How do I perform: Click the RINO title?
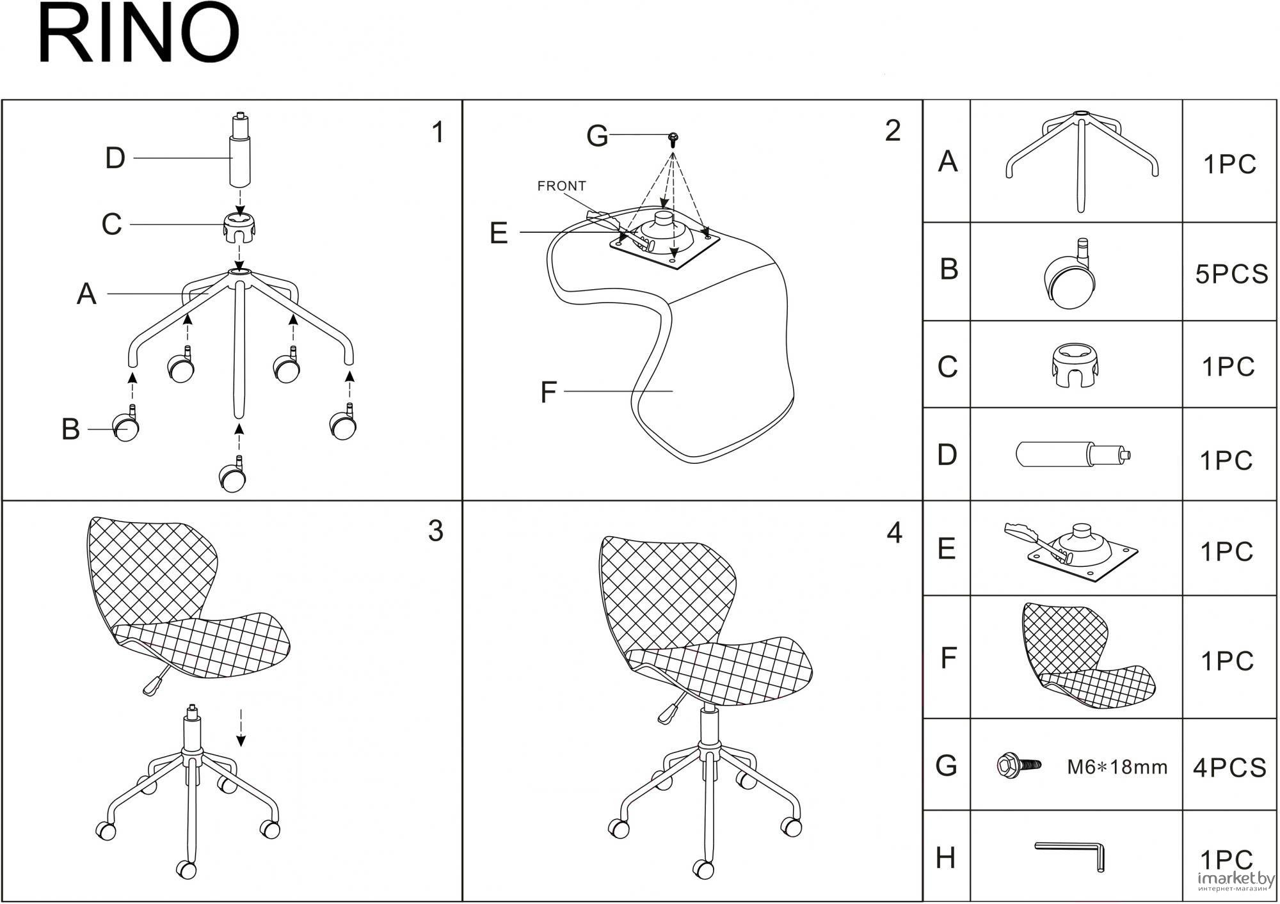click(139, 35)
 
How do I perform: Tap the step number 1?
click(438, 132)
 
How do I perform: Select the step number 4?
click(894, 533)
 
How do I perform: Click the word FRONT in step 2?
click(561, 186)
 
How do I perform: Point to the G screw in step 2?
click(673, 139)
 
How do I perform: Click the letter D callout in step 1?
click(115, 158)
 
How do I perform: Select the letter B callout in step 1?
click(70, 429)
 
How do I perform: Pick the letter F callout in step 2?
click(548, 392)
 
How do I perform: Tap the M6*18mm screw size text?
click(1117, 766)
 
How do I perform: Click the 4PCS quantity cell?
click(1229, 767)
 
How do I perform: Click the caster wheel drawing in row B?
click(1070, 274)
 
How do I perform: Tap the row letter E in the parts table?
click(947, 548)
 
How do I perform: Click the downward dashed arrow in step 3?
click(241, 727)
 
